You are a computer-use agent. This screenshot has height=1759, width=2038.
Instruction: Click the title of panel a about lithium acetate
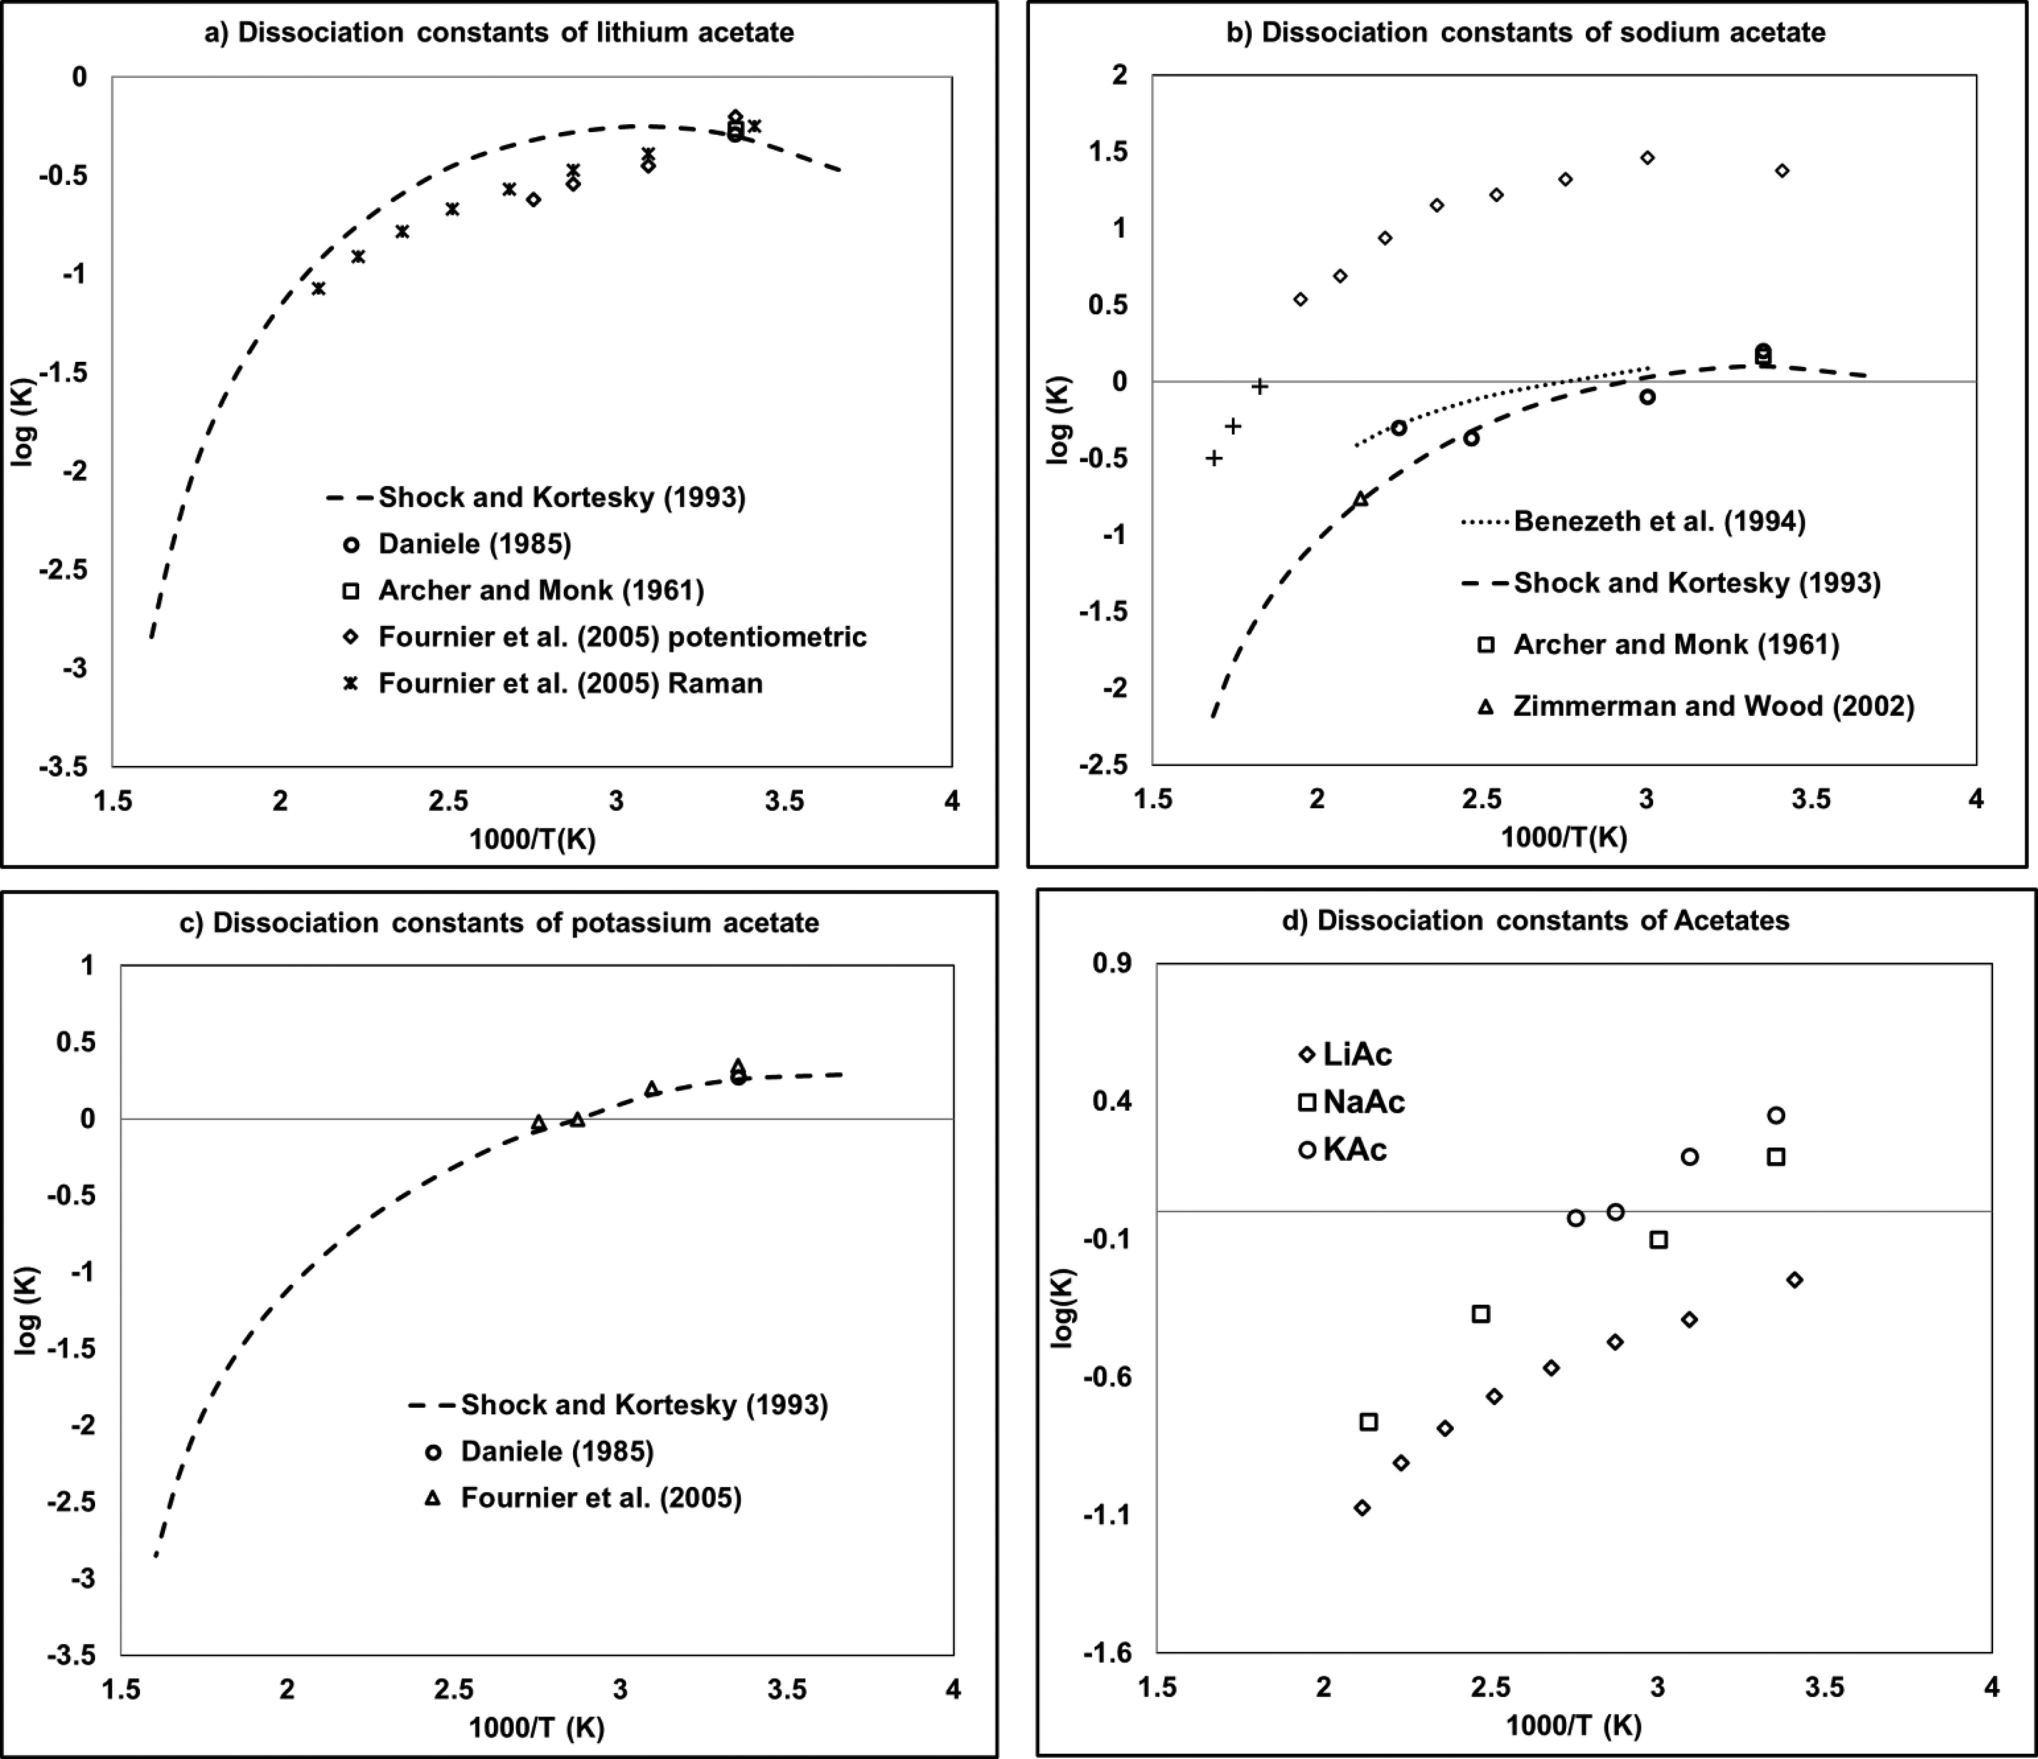point(498,32)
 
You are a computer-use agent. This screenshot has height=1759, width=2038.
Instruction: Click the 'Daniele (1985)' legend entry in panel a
point(474,543)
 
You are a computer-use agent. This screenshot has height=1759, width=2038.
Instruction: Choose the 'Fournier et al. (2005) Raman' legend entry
point(571,683)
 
